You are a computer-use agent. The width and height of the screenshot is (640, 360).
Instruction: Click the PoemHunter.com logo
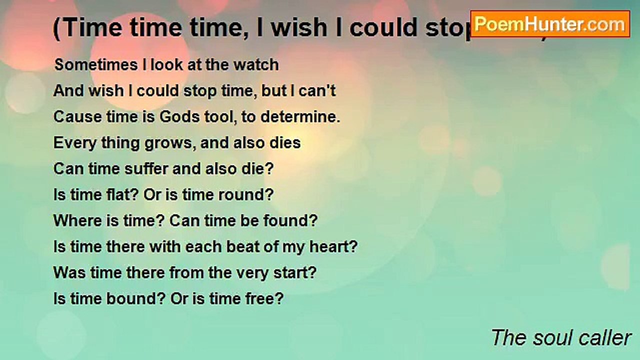tap(550, 24)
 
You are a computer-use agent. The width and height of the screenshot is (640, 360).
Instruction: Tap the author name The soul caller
tap(561, 338)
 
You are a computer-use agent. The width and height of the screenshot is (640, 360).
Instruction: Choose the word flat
tap(122, 195)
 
